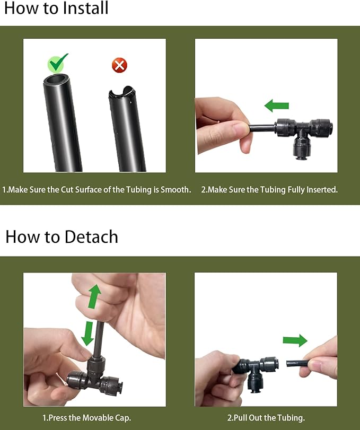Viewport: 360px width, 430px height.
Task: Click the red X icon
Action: (x=119, y=66)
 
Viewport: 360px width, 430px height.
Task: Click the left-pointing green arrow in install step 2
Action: (x=276, y=106)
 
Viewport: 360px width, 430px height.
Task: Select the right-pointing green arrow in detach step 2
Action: (x=295, y=340)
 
